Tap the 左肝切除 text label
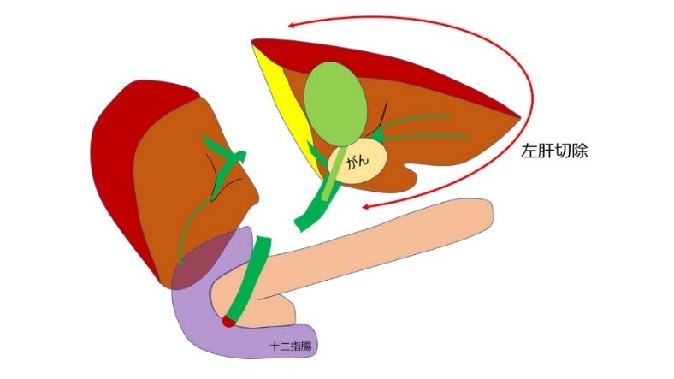557,153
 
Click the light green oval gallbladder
336,100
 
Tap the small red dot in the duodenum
228,323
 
